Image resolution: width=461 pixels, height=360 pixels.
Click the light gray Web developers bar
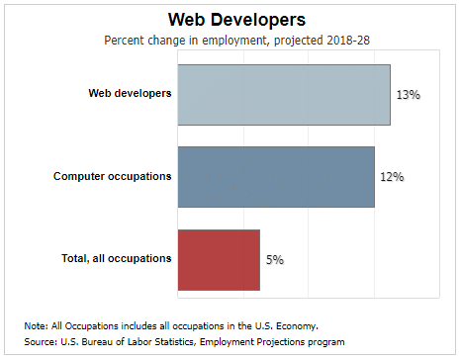(x=283, y=95)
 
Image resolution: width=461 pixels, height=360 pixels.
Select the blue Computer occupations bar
(x=275, y=177)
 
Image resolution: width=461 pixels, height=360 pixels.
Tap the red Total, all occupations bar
(x=218, y=259)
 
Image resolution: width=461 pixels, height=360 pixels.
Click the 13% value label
(x=409, y=95)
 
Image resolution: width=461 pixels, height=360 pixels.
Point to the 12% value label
(x=393, y=177)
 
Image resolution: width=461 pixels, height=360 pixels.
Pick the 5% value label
(x=274, y=259)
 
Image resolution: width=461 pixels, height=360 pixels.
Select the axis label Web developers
(x=130, y=94)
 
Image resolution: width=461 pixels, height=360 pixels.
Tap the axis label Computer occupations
(x=112, y=176)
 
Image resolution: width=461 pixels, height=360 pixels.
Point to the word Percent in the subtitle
(x=126, y=41)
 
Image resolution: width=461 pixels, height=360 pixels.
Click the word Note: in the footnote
(x=37, y=325)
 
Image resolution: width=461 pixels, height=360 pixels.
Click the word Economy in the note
(x=296, y=325)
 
